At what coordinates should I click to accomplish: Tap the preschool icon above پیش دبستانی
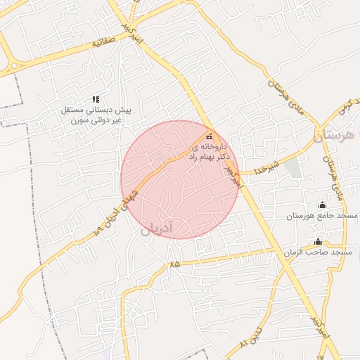(96, 99)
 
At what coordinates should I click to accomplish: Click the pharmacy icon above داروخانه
(209, 136)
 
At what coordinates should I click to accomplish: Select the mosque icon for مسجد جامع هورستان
(323, 205)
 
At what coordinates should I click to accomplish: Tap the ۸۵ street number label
(174, 264)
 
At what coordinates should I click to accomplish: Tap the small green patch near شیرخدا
(292, 167)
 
